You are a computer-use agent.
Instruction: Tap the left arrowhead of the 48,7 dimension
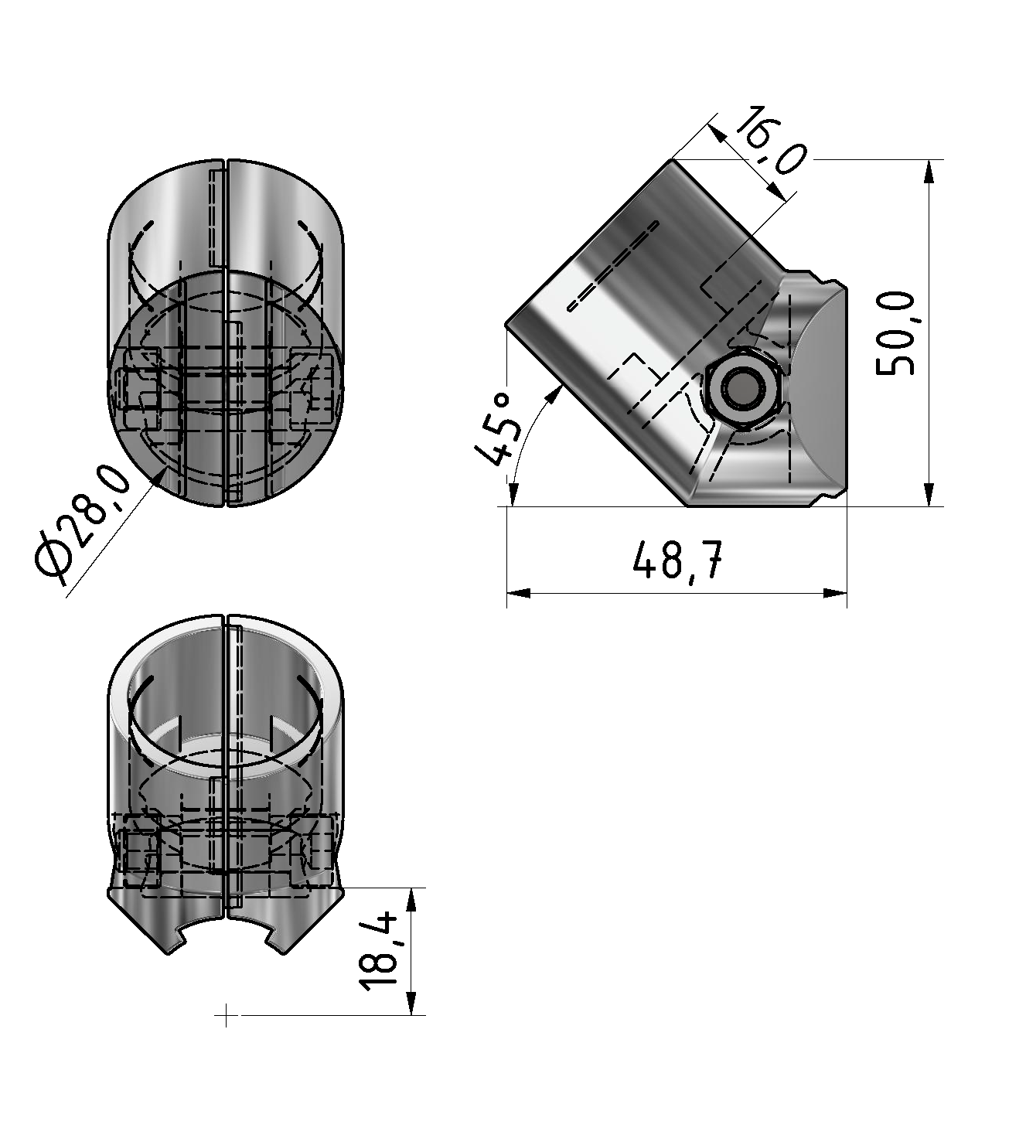pos(518,593)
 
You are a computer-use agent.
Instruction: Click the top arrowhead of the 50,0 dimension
pos(930,172)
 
